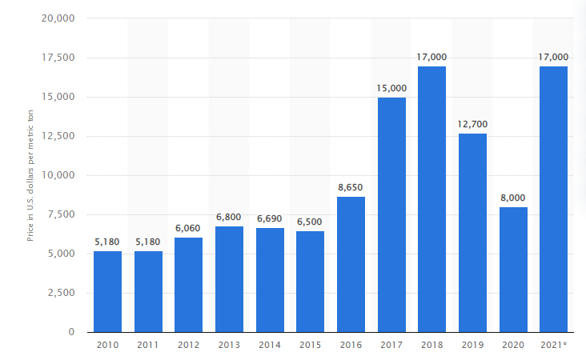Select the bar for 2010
pos(107,291)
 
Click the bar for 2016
pos(351,264)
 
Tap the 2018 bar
pos(431,198)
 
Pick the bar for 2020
pos(513,269)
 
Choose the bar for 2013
pos(229,278)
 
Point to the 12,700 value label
pos(472,124)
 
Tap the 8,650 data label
pos(351,187)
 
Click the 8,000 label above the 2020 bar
pos(513,198)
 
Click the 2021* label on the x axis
pos(554,345)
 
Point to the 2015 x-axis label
pos(310,345)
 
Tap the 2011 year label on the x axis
pos(148,345)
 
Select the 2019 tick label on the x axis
pos(472,345)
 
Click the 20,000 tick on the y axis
pos(58,18)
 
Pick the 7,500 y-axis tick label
pos(61,214)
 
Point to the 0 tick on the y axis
pos(72,332)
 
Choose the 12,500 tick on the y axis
pos(58,136)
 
